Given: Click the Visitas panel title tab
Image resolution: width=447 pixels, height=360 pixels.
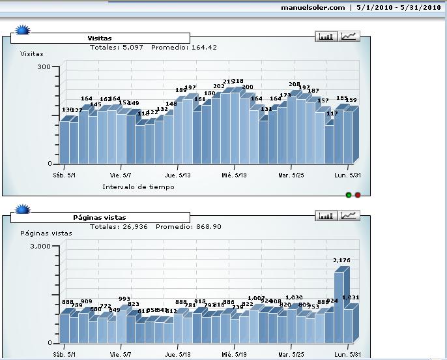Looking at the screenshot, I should tap(100, 38).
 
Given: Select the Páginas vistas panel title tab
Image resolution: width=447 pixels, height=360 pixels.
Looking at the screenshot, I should tap(100, 217).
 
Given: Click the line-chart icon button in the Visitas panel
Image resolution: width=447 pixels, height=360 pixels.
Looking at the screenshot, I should tap(349, 37).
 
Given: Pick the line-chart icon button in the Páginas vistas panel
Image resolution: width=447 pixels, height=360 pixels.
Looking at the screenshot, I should tap(349, 215).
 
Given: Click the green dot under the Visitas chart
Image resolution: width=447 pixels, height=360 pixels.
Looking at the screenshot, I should tap(349, 194).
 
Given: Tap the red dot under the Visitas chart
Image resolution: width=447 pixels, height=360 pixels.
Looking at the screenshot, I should tap(358, 194).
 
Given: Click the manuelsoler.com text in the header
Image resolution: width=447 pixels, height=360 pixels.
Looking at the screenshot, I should tap(313, 8).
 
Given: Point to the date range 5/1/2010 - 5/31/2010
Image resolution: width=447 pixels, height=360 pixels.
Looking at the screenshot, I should tap(399, 8).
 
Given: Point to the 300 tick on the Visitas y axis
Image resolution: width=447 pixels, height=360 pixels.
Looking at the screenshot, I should tap(44, 67).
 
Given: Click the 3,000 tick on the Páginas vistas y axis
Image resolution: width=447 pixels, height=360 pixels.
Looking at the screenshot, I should tap(40, 246).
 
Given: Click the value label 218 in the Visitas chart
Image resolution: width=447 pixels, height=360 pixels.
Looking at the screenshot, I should tap(237, 81).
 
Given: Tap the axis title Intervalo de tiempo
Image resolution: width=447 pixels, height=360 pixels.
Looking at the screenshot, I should tap(138, 187).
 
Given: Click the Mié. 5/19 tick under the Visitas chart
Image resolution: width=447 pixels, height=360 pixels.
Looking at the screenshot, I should tap(234, 175).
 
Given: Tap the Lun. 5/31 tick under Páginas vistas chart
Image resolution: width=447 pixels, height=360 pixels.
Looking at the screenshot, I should tap(346, 354).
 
